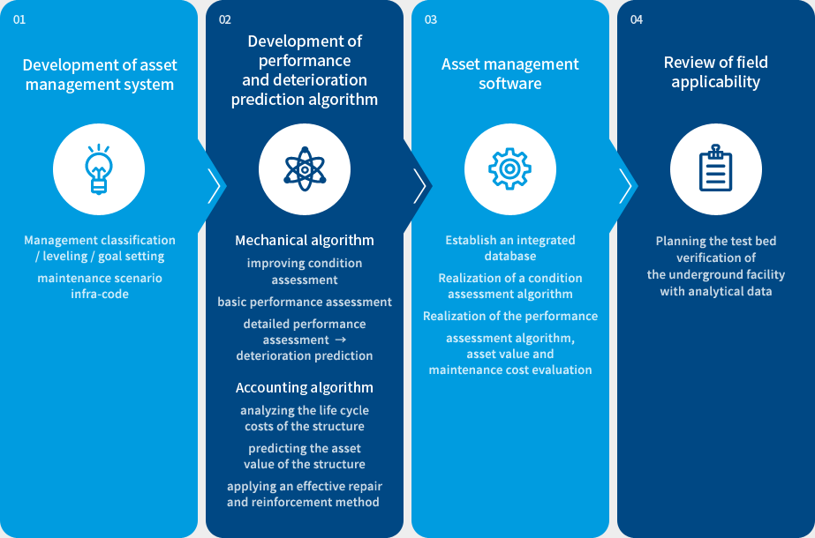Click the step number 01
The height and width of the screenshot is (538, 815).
19,19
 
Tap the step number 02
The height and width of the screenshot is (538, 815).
225,19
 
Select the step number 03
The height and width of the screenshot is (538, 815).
431,19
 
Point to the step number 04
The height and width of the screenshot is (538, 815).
637,19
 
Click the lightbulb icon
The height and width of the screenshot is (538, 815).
99,168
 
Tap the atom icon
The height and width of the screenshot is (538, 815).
305,168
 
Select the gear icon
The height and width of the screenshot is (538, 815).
510,168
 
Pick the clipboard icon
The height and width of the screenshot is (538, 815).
716,168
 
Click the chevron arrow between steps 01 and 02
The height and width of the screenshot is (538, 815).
214,186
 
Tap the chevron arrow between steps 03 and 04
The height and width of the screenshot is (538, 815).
625,186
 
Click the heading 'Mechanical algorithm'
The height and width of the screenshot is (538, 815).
305,240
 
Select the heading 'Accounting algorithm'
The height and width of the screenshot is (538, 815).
305,387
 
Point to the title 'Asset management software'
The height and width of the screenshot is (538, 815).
510,74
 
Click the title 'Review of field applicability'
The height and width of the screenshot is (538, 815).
716,72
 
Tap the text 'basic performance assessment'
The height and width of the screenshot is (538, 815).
305,302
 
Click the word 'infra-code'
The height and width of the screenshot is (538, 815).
100,294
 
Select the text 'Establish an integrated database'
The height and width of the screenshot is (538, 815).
510,248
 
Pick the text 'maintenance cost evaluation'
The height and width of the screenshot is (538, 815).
510,370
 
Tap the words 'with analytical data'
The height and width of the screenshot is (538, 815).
716,291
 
